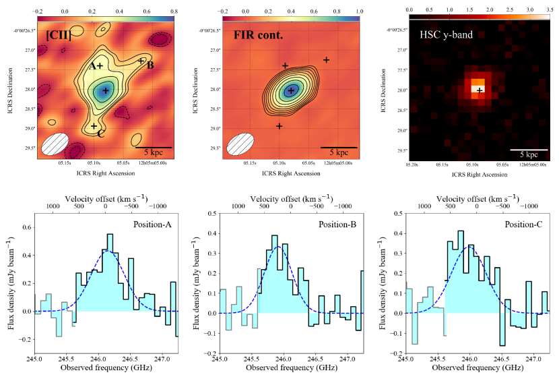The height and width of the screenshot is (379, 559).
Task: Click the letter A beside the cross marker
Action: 92,66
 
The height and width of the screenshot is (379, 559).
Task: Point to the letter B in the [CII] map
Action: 150,65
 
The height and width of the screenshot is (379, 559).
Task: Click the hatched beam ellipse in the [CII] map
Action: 55,143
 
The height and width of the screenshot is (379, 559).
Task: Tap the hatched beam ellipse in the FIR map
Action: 240,143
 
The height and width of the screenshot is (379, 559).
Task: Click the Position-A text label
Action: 145,223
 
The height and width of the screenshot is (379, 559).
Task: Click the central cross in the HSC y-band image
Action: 479,90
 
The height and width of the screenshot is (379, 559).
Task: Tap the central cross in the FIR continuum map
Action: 291,90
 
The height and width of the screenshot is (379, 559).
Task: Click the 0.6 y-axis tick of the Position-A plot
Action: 25,227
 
